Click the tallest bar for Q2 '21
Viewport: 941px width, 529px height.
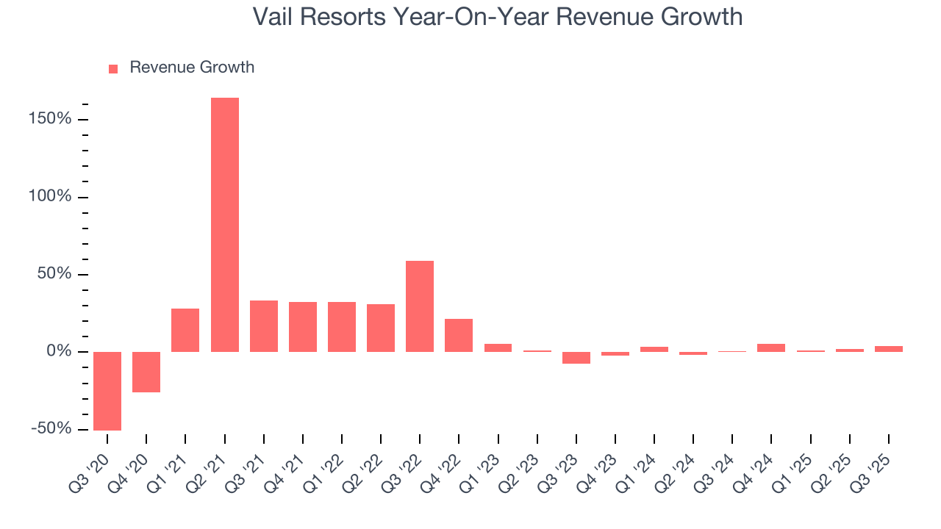tap(224, 224)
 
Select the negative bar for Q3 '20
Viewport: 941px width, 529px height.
tap(107, 391)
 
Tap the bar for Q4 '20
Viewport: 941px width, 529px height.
tap(146, 372)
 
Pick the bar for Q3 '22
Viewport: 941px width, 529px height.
tap(419, 306)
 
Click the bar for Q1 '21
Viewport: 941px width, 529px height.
tap(185, 330)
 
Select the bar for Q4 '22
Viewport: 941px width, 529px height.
tap(459, 335)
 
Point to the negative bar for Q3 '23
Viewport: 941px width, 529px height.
tap(576, 358)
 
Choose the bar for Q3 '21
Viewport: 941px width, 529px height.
tap(263, 325)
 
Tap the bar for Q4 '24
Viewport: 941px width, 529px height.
tap(771, 348)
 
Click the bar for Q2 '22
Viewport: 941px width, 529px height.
tap(380, 328)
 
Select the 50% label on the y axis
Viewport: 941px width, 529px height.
tap(56, 274)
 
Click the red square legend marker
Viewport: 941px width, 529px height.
tap(113, 68)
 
